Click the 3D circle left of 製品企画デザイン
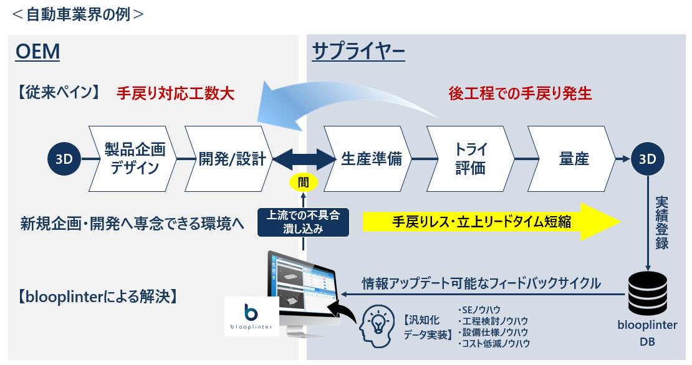click(64, 159)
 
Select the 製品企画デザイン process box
click(132, 159)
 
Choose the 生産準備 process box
click(367, 159)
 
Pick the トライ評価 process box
click(470, 159)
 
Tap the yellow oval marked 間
click(304, 183)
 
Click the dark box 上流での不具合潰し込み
click(304, 222)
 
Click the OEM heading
click(38, 52)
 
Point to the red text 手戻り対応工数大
click(175, 93)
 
